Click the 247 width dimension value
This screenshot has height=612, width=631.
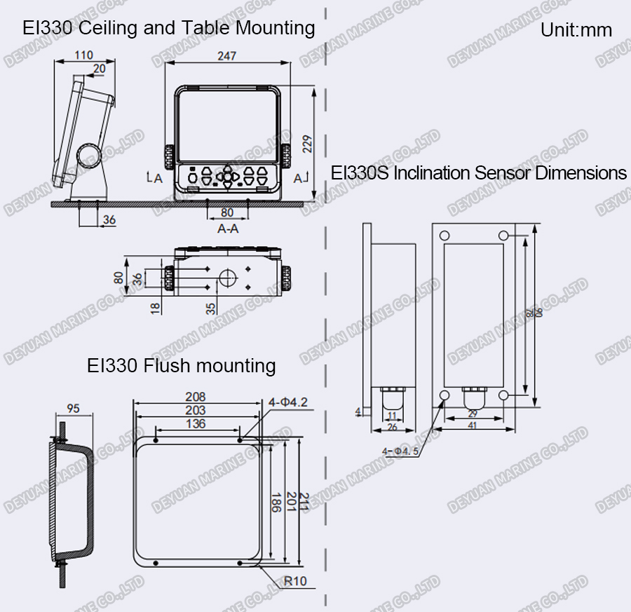[x=226, y=55]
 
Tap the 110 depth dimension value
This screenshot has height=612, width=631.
[x=83, y=55]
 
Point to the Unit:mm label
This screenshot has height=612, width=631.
[x=576, y=30]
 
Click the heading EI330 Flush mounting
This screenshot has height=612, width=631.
[x=181, y=365]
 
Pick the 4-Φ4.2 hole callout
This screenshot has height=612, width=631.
[x=288, y=402]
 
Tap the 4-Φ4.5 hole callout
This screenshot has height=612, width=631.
[x=401, y=451]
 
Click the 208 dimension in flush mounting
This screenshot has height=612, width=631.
[x=196, y=397]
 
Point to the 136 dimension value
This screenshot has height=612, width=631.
[x=196, y=423]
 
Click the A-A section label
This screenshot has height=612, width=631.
[x=228, y=229]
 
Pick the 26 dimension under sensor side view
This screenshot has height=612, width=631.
[x=392, y=427]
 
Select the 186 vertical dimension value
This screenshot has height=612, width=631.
[x=276, y=501]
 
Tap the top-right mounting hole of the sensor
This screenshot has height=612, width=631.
[x=503, y=234]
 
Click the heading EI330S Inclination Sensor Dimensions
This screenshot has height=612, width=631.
[x=479, y=173]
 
